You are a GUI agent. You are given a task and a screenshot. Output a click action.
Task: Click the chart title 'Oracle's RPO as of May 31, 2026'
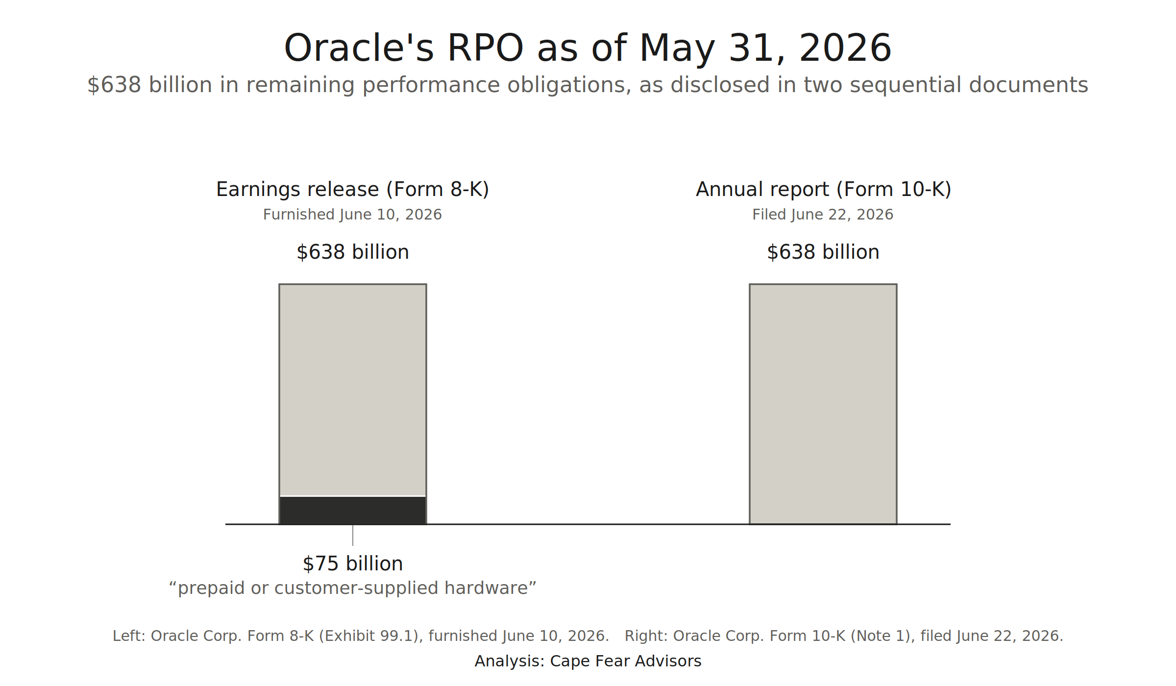click(x=588, y=48)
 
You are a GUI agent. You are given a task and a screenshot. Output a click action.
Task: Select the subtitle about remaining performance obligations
click(x=588, y=85)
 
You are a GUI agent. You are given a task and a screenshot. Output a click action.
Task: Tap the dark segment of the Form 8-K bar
click(x=353, y=510)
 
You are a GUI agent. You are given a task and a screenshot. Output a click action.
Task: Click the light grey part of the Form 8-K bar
click(x=353, y=390)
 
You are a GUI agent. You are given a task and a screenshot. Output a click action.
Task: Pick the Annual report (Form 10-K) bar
click(x=823, y=404)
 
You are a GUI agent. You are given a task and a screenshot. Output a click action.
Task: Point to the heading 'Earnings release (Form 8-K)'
click(x=353, y=189)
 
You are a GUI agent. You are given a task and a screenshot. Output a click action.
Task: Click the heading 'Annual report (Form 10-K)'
click(x=823, y=189)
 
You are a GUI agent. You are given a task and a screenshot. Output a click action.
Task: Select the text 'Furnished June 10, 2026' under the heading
click(x=353, y=215)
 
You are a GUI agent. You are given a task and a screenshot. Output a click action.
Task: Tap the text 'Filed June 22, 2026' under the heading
click(x=823, y=215)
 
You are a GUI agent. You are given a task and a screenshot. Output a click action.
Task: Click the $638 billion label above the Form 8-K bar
click(x=353, y=252)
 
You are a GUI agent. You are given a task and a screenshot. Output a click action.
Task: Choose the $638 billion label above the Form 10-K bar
click(x=823, y=252)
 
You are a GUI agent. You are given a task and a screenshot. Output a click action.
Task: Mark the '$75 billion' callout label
click(x=353, y=563)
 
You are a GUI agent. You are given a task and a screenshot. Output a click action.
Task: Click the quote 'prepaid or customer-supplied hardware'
click(x=353, y=588)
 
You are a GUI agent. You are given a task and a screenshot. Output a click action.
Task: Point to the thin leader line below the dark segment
click(x=353, y=535)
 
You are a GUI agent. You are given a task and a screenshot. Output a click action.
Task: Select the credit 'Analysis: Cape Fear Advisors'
click(x=588, y=661)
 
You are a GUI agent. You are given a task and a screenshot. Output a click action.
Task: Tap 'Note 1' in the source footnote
click(x=882, y=636)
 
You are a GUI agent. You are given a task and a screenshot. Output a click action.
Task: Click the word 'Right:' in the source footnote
click(x=646, y=636)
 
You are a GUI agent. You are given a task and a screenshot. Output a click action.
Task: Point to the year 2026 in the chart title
click(x=845, y=48)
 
